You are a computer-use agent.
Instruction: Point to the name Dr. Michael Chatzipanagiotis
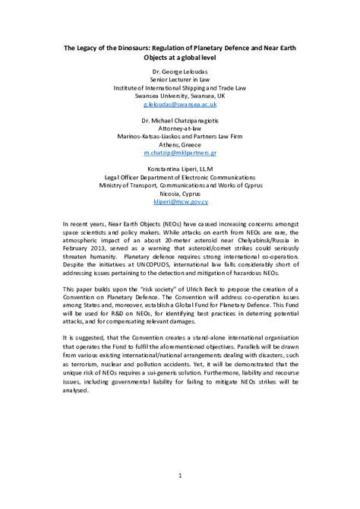click(180, 122)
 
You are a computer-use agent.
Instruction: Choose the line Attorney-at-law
click(180, 131)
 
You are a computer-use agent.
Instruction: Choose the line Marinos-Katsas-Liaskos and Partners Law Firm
click(180, 142)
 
